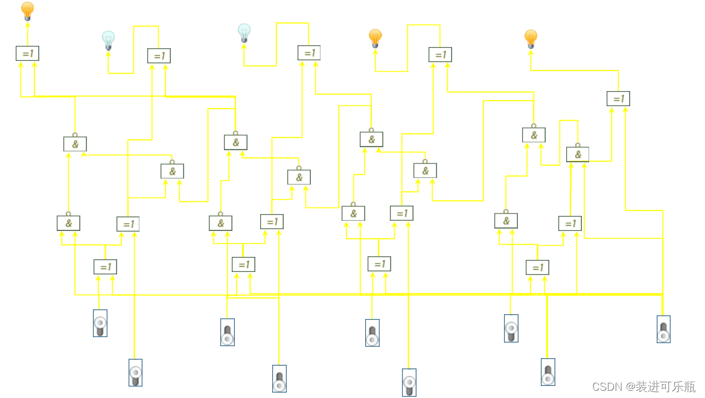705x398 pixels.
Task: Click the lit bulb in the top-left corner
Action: [27, 11]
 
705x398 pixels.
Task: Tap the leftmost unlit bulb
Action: [108, 40]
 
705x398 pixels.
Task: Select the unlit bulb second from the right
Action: [244, 33]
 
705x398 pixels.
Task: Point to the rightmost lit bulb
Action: [531, 39]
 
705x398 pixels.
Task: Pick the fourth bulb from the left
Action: [375, 38]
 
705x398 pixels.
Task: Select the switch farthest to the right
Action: [663, 329]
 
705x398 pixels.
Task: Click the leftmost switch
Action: [100, 323]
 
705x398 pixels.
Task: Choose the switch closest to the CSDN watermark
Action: [547, 372]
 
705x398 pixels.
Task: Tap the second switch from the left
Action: [136, 373]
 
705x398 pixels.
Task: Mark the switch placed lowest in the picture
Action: [409, 382]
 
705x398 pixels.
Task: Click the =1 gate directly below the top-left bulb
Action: [27, 53]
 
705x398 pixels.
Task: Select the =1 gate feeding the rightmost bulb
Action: [618, 98]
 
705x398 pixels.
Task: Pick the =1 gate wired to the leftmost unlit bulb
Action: [159, 55]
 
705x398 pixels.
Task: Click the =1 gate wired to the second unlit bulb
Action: [308, 52]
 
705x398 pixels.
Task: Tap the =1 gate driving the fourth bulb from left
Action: [440, 54]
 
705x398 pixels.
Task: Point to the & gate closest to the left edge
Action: [68, 223]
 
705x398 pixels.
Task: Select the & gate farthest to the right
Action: [578, 154]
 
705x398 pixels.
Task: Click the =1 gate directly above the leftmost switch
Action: [105, 267]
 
